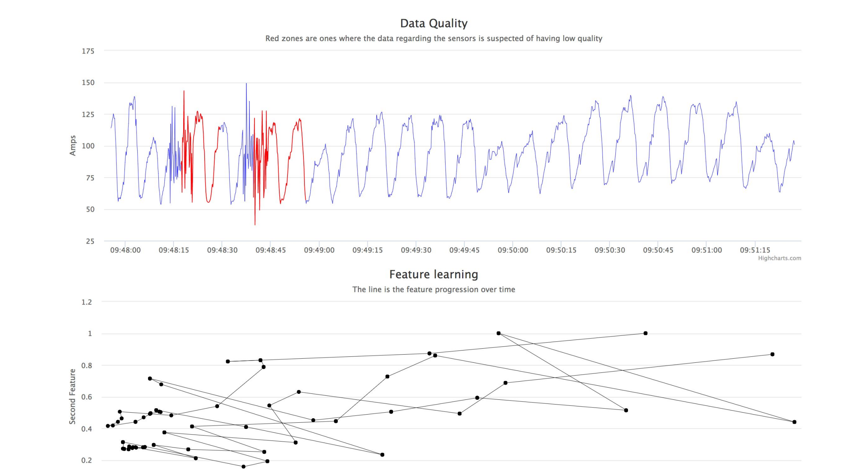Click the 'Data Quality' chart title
pyautogui.click(x=434, y=23)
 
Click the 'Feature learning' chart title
pyautogui.click(x=433, y=274)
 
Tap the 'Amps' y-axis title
pyautogui.click(x=73, y=145)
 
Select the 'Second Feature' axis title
pyautogui.click(x=72, y=396)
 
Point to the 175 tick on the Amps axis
pyautogui.click(x=88, y=51)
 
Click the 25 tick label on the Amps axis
pyautogui.click(x=90, y=241)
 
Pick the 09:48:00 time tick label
pyautogui.click(x=125, y=250)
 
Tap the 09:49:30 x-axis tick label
pyautogui.click(x=416, y=250)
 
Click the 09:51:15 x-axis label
pyautogui.click(x=755, y=250)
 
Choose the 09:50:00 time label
pyautogui.click(x=513, y=250)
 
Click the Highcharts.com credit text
pyautogui.click(x=779, y=258)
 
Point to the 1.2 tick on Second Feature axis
pyautogui.click(x=87, y=302)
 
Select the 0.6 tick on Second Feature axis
pyautogui.click(x=87, y=397)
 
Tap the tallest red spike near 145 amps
pyautogui.click(x=184, y=91)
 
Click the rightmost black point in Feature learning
pyautogui.click(x=794, y=422)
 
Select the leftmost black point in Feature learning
pyautogui.click(x=108, y=426)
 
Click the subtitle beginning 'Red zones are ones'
pyautogui.click(x=434, y=38)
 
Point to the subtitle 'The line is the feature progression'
pyautogui.click(x=433, y=289)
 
